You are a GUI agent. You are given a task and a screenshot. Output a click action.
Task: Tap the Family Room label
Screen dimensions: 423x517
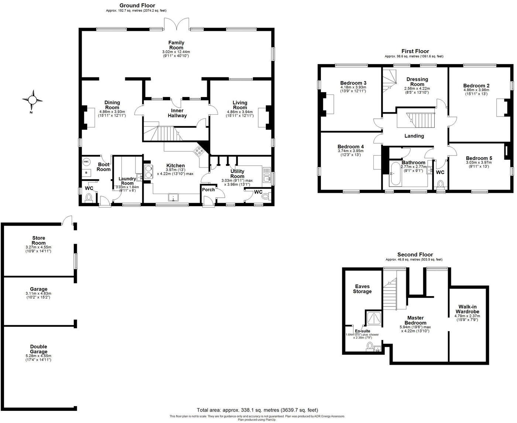[176, 45]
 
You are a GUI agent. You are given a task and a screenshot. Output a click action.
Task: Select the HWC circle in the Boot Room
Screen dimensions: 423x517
[86, 162]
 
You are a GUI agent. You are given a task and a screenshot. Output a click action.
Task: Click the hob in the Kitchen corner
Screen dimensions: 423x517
[199, 150]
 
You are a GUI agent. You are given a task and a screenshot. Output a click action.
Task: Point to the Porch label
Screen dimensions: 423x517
[208, 190]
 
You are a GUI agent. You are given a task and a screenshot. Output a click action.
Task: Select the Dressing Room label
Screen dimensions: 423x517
[417, 82]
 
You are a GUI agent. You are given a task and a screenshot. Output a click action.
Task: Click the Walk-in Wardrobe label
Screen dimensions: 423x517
[469, 309]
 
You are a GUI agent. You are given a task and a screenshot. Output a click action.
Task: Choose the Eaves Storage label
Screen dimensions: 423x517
[362, 289]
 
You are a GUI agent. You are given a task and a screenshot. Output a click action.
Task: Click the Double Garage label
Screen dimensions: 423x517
[38, 349]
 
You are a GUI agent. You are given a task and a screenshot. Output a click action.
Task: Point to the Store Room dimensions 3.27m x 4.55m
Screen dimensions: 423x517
[38, 247]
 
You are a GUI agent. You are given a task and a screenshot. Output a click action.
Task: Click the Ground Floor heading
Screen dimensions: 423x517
[137, 6]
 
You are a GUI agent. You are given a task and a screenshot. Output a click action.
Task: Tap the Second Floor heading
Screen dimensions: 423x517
[415, 254]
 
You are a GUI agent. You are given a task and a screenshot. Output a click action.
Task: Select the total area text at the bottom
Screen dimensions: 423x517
[257, 410]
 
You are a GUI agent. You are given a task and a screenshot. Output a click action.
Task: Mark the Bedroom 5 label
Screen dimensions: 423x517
[479, 158]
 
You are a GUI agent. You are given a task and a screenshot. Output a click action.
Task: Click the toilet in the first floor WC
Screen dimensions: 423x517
[440, 184]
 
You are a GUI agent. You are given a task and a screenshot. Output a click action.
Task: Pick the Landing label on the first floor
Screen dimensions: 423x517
[414, 136]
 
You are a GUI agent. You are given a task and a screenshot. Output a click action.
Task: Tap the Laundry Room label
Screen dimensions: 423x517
[127, 181]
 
